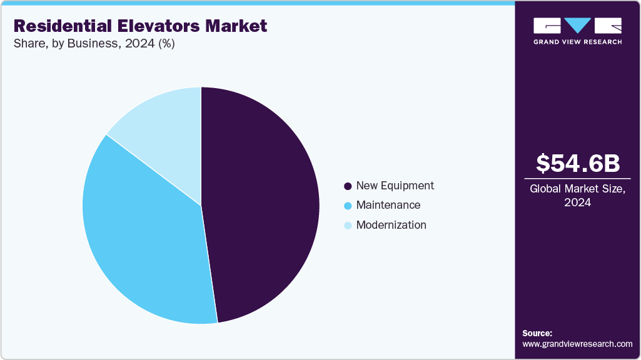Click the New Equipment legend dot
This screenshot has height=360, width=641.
tap(348, 186)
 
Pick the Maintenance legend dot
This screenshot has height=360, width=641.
tap(348, 206)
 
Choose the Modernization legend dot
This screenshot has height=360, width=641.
tap(348, 226)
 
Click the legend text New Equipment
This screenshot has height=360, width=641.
tap(395, 186)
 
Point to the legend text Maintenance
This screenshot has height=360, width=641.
tap(388, 205)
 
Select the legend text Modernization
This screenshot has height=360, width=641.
tap(391, 225)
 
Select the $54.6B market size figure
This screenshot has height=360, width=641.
tap(578, 163)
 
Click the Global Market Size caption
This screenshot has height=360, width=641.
tap(577, 189)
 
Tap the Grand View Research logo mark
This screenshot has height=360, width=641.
tap(577, 26)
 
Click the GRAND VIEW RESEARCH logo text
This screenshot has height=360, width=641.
tap(577, 42)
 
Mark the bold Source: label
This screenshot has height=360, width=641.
tap(537, 333)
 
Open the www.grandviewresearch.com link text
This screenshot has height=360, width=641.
tap(577, 344)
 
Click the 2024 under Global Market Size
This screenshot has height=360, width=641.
tap(577, 203)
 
